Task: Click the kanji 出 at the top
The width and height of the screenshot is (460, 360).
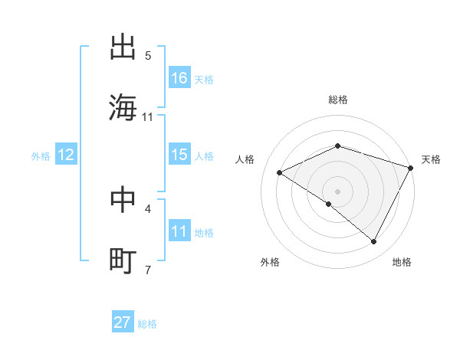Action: (123, 47)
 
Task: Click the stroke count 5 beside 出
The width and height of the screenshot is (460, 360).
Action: (148, 56)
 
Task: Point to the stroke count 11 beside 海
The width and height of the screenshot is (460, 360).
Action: (148, 117)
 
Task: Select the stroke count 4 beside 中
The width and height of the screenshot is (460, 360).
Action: (148, 208)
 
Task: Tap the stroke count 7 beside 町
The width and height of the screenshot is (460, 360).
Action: (148, 270)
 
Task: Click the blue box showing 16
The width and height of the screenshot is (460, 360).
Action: (179, 78)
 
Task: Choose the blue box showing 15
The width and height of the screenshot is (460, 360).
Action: (179, 155)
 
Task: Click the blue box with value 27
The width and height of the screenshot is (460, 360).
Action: (123, 322)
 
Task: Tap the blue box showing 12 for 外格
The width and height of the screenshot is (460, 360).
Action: (66, 155)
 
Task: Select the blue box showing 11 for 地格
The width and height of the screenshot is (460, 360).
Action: (179, 231)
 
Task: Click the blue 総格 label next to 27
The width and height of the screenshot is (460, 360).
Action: (147, 324)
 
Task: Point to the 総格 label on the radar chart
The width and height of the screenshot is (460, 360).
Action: (338, 100)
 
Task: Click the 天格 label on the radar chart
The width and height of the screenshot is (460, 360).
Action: (432, 159)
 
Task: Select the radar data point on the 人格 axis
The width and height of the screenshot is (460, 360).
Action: (280, 172)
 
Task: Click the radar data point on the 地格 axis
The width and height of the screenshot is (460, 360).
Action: (374, 242)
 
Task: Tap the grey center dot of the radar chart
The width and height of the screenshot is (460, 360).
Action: (338, 191)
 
